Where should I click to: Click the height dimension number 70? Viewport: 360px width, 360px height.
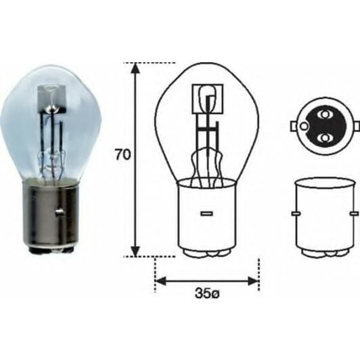coord(122,154)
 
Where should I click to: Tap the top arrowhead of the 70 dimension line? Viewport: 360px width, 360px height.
coord(136,68)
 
